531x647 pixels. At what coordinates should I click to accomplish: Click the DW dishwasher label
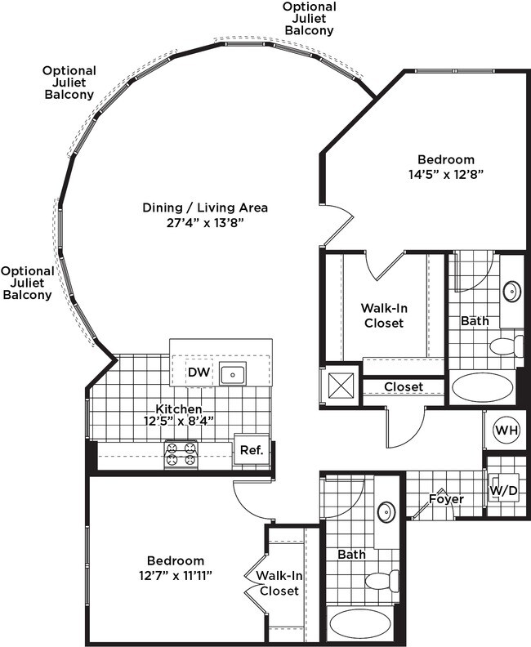199,372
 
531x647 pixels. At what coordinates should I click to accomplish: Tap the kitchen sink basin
234,374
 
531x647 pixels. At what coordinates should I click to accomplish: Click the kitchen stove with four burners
182,454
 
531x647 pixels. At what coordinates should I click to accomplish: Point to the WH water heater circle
506,430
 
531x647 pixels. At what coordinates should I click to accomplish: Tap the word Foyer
446,498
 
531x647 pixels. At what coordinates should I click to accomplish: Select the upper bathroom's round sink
511,291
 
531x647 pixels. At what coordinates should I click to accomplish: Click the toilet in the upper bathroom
506,346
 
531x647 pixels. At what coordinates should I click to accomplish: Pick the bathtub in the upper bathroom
482,386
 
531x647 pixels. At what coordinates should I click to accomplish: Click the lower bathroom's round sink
386,512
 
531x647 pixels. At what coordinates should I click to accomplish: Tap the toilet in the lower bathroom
381,581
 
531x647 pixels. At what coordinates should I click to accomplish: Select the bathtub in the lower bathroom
360,624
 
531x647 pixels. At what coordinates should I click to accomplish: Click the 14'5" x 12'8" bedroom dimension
445,173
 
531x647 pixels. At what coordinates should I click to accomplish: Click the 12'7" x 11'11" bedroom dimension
175,575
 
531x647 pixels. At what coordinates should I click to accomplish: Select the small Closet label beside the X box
403,386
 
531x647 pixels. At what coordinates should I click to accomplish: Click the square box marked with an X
342,384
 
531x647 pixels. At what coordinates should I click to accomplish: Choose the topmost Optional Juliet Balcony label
309,18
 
